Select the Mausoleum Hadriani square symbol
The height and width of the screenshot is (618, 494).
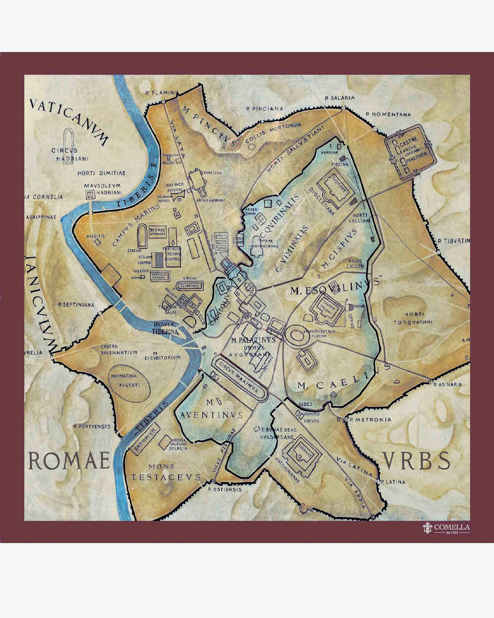90,195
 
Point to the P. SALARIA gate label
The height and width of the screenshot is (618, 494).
340,98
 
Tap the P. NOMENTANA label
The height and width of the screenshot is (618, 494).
388,114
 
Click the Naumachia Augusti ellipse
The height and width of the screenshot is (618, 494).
128,379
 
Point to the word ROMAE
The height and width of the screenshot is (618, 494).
69,462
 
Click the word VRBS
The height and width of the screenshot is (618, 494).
417,461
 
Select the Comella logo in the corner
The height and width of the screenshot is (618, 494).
446,528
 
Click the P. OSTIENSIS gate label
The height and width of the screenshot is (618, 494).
224,489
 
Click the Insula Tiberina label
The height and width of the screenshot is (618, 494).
166,328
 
